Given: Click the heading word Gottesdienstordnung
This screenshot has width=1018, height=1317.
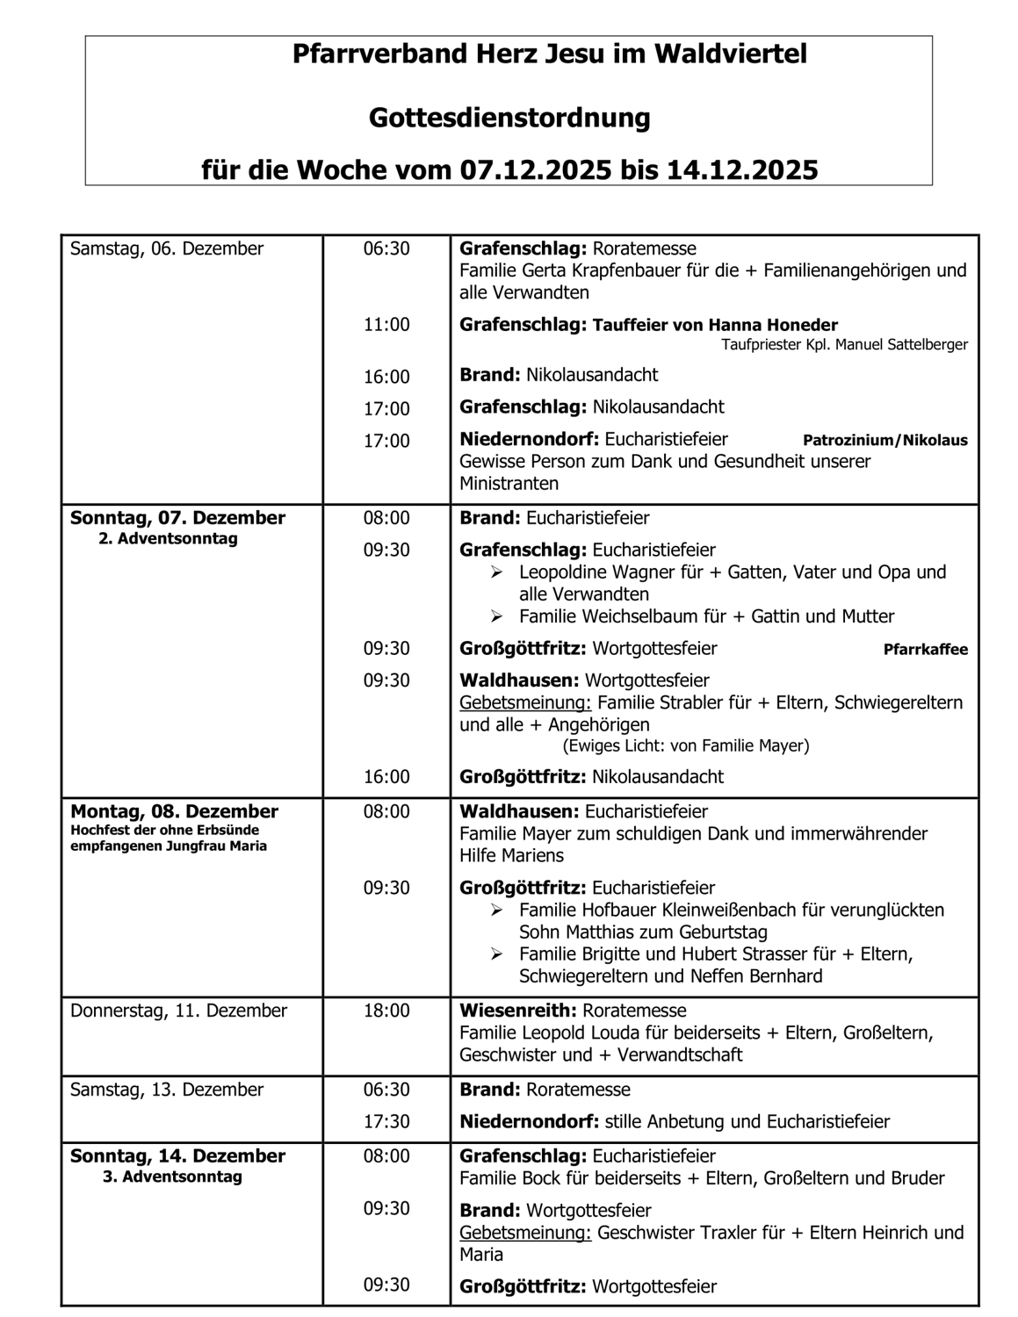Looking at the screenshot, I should tap(509, 118).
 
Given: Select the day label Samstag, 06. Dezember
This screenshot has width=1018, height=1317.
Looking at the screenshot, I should tap(167, 249).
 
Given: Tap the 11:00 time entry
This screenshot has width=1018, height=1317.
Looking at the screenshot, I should tap(386, 325).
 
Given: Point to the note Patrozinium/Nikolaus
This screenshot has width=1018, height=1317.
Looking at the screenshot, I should tap(884, 441).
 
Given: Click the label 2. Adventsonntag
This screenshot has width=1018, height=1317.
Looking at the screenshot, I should tap(168, 539).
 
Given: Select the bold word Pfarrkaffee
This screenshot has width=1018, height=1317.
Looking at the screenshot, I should tap(925, 650).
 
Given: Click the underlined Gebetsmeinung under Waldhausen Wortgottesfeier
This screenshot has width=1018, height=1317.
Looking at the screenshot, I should tap(525, 702).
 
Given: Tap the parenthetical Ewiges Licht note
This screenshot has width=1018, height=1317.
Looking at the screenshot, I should tap(685, 746).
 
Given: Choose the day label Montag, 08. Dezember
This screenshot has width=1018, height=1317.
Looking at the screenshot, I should tap(174, 811).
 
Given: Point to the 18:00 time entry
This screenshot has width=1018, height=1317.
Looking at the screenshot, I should tap(386, 1011).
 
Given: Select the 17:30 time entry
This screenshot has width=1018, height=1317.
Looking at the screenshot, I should tap(386, 1121).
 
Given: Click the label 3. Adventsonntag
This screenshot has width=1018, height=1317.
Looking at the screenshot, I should tap(172, 1177).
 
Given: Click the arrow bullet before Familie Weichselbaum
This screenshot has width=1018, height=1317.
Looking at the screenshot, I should tap(497, 616).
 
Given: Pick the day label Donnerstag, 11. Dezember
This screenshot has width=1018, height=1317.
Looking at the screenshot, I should tap(178, 1011).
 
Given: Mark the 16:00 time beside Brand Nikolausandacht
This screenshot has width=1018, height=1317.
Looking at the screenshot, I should tap(386, 378).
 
